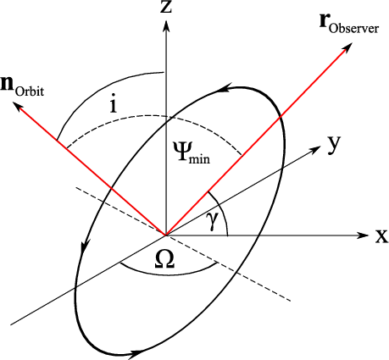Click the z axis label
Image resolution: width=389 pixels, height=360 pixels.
point(166,7)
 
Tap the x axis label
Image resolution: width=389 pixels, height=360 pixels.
point(381,236)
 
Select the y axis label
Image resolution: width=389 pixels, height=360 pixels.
point(334,145)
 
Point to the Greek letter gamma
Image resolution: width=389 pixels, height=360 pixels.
point(212,222)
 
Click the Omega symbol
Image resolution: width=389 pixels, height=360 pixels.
point(164,260)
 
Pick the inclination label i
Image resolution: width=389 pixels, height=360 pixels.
point(114,105)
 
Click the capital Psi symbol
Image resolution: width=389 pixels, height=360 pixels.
point(181,152)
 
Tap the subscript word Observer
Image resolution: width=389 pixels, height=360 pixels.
point(353,29)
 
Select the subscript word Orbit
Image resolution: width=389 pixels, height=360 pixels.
point(30,91)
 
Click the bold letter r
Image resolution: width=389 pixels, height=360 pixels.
point(324,21)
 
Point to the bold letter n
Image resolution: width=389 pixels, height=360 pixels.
point(7,84)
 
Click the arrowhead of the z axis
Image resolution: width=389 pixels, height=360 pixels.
point(166,27)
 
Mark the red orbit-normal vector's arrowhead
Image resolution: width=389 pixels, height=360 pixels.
point(20,108)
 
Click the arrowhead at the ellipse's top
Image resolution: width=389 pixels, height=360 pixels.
point(225,87)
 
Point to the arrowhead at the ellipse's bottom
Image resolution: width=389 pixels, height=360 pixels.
point(137,353)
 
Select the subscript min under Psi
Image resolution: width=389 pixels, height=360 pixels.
point(200,158)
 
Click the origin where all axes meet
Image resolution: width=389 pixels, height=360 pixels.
point(166,235)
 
